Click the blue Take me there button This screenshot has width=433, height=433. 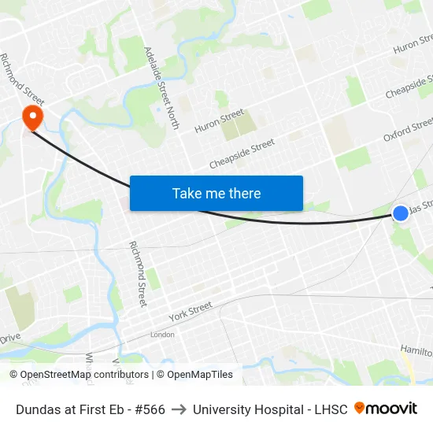tap(216, 193)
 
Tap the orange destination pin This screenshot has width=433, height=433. tap(33, 118)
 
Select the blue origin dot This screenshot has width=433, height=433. tap(400, 213)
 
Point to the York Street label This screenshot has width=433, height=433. tap(191, 312)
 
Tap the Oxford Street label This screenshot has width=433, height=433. tap(409, 130)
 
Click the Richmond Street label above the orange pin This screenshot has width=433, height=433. tap(23, 80)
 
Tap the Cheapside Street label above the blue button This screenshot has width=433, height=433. tap(242, 154)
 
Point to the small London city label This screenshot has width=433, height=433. tap(162, 335)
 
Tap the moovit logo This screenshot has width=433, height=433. tap(386, 409)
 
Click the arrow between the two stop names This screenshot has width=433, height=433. tap(179, 409)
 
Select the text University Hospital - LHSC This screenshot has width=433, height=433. tap(269, 409)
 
